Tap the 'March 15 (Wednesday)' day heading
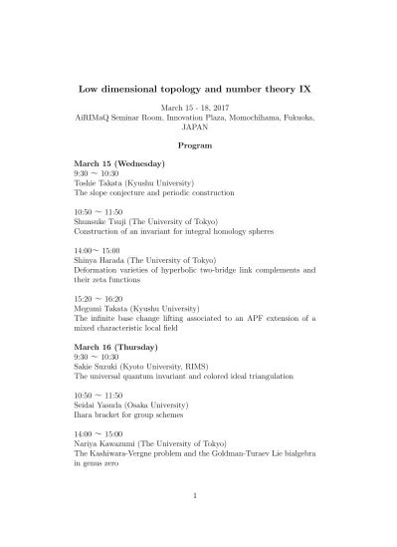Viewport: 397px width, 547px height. pos(119,161)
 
